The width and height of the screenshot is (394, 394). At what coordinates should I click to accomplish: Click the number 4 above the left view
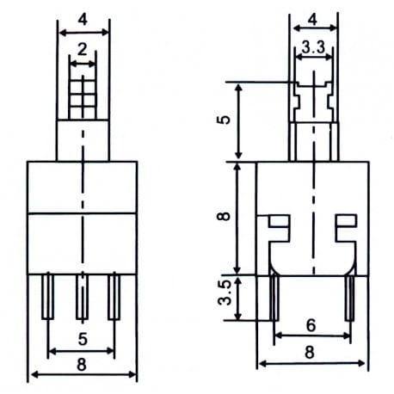(x=83, y=17)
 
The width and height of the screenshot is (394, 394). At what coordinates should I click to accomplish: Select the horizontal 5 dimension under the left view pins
(x=81, y=338)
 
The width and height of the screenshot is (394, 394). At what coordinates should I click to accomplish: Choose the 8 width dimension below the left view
(x=81, y=364)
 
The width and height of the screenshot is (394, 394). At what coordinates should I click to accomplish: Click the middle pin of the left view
(x=82, y=296)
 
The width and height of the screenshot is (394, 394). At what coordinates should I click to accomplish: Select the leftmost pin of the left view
(x=49, y=296)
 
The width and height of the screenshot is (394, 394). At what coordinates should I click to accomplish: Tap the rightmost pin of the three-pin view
(x=114, y=296)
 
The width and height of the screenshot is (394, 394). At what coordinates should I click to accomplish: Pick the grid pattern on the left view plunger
(x=82, y=94)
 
